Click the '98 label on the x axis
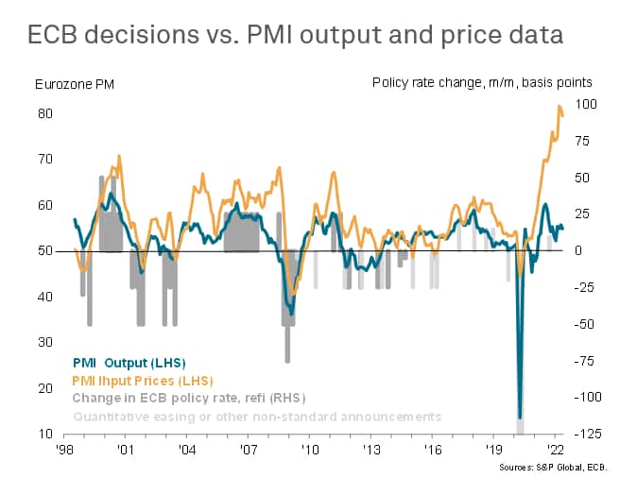(65, 450)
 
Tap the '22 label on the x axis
(555, 450)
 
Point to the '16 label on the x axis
(432, 450)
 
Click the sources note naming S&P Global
(560, 467)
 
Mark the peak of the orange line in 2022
(560, 106)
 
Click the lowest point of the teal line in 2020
(520, 418)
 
